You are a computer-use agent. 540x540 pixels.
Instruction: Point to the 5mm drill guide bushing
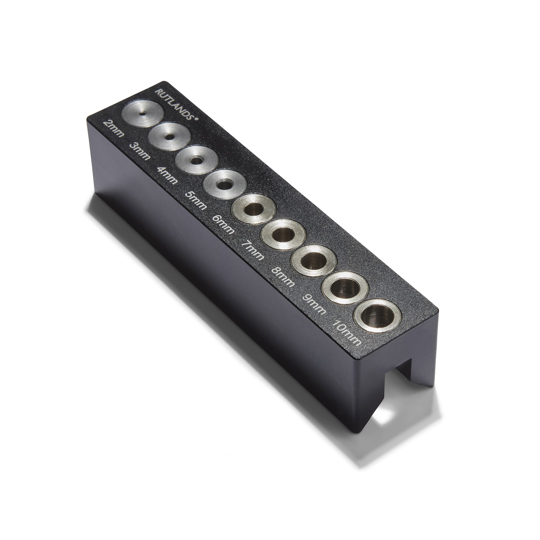coord(224,184)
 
